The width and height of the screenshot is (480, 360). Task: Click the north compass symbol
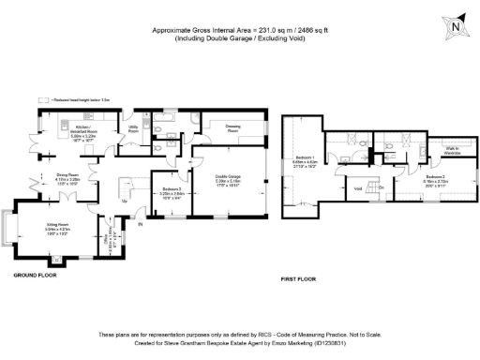pyautogui.click(x=456, y=27)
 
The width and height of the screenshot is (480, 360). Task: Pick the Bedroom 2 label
pyautogui.click(x=434, y=176)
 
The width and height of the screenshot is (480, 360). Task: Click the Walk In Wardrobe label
pyautogui.click(x=442, y=150)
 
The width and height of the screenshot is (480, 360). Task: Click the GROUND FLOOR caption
pyautogui.click(x=36, y=276)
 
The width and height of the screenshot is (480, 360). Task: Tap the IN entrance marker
pyautogui.click(x=142, y=224)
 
